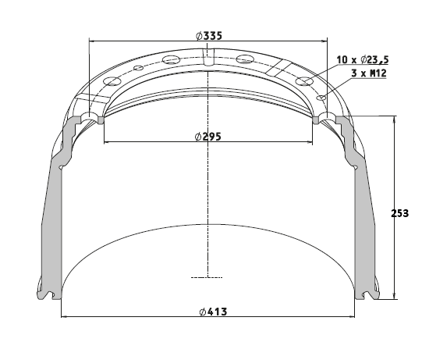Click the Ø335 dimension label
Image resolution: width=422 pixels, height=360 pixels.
[x=209, y=36]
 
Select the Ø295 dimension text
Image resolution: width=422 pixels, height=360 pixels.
[x=208, y=137]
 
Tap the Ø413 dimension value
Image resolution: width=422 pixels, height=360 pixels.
[x=213, y=312]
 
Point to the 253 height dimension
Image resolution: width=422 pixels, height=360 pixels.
[x=399, y=213]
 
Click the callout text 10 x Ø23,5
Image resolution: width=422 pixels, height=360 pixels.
[x=363, y=59]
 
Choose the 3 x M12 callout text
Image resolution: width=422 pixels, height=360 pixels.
[x=369, y=73]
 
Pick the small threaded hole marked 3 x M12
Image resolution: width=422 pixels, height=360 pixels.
[x=321, y=98]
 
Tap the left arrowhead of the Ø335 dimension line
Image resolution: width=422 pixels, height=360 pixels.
[x=92, y=41]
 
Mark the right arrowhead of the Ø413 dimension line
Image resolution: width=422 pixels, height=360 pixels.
[x=352, y=316]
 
